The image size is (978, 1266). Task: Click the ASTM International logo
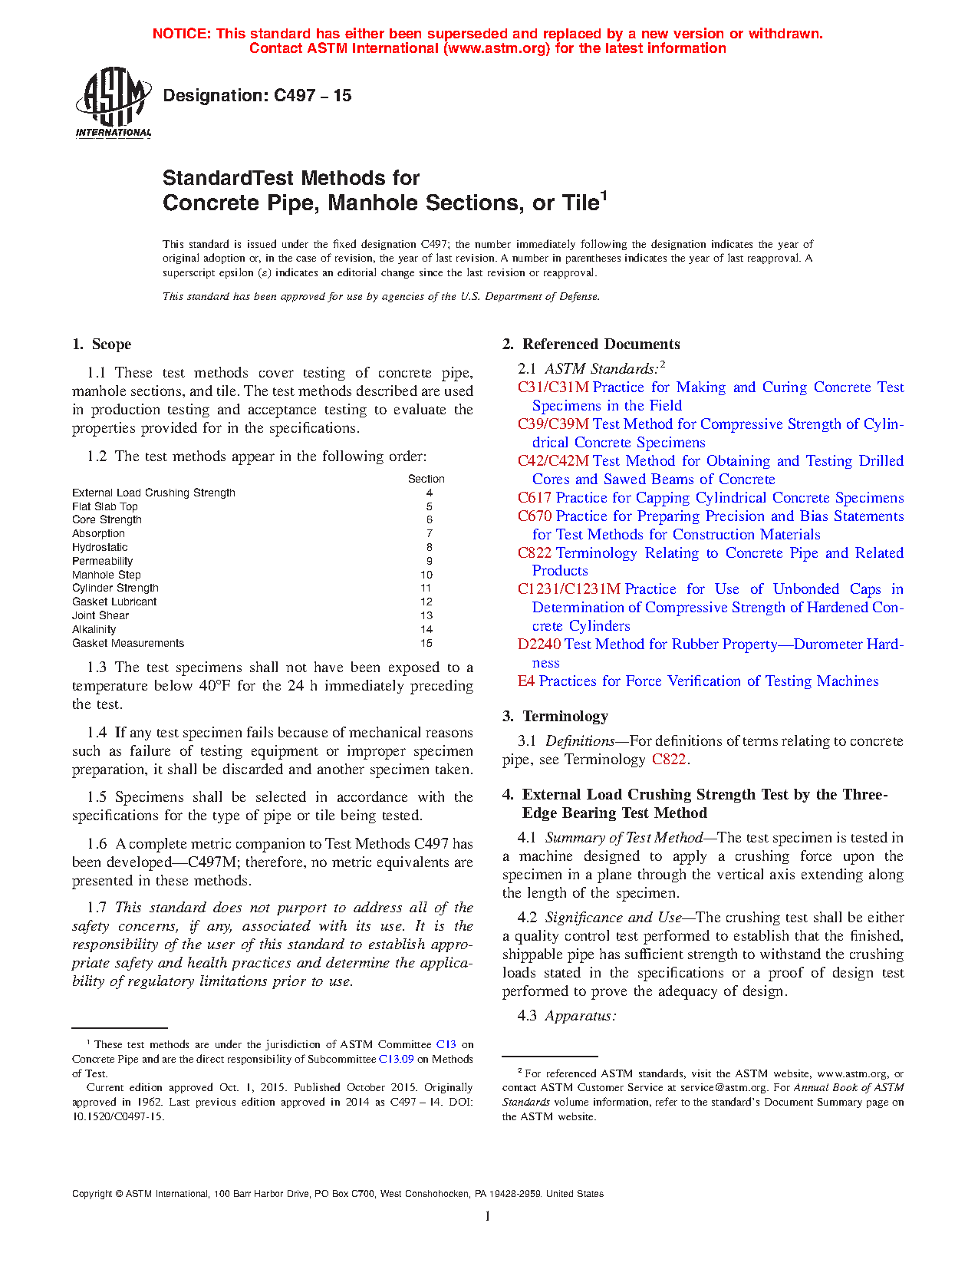click(x=113, y=102)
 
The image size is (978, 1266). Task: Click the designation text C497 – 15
click(x=257, y=96)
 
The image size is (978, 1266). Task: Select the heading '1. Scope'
click(x=102, y=345)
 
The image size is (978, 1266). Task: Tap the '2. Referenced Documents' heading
click(x=591, y=345)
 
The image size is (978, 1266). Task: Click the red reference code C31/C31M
click(x=553, y=387)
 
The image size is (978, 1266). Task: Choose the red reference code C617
click(x=534, y=498)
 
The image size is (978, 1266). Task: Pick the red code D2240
click(x=538, y=645)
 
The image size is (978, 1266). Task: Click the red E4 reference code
click(x=525, y=681)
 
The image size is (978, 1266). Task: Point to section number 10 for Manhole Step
click(x=426, y=575)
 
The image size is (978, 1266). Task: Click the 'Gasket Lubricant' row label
click(x=114, y=602)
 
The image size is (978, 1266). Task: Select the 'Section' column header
click(x=426, y=479)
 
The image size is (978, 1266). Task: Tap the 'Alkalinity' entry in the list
click(x=94, y=629)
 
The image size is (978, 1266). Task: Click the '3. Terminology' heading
click(x=555, y=717)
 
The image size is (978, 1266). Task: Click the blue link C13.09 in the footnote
click(x=397, y=1059)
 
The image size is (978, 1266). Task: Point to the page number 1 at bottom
click(x=488, y=1216)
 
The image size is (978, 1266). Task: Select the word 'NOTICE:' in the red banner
click(x=182, y=34)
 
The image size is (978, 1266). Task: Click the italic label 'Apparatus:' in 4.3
click(x=581, y=1016)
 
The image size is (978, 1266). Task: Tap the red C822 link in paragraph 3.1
click(x=669, y=760)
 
